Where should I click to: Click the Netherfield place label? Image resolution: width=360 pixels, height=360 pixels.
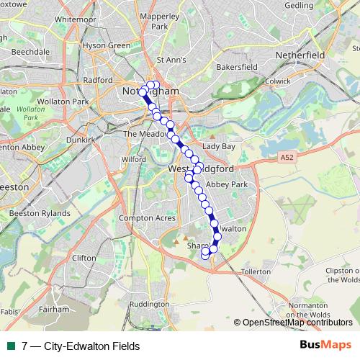pos(302,55)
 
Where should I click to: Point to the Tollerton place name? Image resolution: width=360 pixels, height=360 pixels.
pos(256,271)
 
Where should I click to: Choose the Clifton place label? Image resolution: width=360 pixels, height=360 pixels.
pos(84,257)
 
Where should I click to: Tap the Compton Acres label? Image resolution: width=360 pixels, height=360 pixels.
pos(147,217)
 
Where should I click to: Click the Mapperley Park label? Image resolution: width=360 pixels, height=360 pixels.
pos(160,20)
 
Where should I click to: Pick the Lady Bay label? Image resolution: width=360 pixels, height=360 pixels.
pos(219,146)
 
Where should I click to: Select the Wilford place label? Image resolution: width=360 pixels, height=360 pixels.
pos(134,159)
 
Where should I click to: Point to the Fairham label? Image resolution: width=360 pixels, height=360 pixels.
pos(53,309)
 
